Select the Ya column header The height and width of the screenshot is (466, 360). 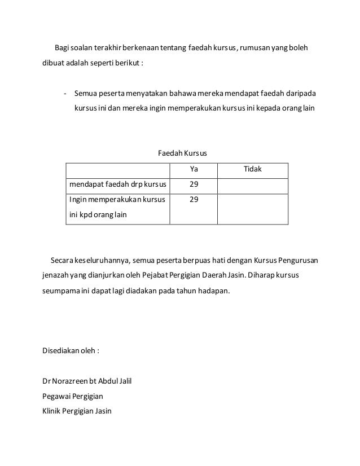(x=194, y=169)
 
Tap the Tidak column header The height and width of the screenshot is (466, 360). (x=252, y=169)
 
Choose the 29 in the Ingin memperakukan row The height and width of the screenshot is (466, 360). (x=194, y=199)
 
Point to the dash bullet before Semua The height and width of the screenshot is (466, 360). (x=65, y=93)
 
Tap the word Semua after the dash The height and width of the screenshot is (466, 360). (x=85, y=93)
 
